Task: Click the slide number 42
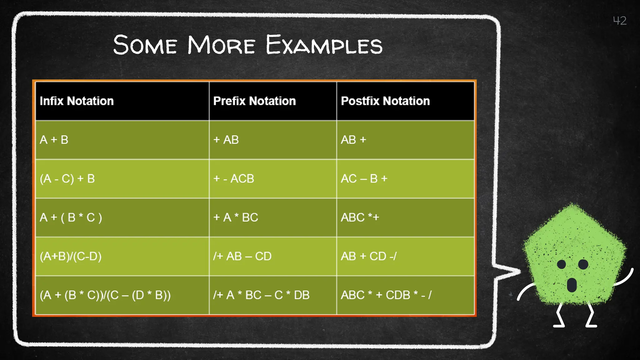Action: (x=619, y=21)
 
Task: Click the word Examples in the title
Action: (x=324, y=45)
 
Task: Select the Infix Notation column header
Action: (x=77, y=101)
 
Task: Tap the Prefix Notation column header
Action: (x=254, y=101)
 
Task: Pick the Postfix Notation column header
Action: (x=385, y=101)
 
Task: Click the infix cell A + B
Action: (x=54, y=140)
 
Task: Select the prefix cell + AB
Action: (x=226, y=140)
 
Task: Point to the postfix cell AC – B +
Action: (x=364, y=179)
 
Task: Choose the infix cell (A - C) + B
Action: (x=67, y=179)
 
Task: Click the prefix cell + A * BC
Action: (x=236, y=217)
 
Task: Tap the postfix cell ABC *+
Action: (x=360, y=217)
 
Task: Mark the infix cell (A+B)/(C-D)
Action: (x=71, y=256)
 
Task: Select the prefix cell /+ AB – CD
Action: (x=242, y=256)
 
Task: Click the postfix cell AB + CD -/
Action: (x=369, y=256)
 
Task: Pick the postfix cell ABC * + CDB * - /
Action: (x=386, y=295)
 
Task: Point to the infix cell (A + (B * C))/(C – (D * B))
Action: (x=105, y=295)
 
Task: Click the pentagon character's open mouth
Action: (x=572, y=284)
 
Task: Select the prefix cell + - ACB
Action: (x=234, y=179)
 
